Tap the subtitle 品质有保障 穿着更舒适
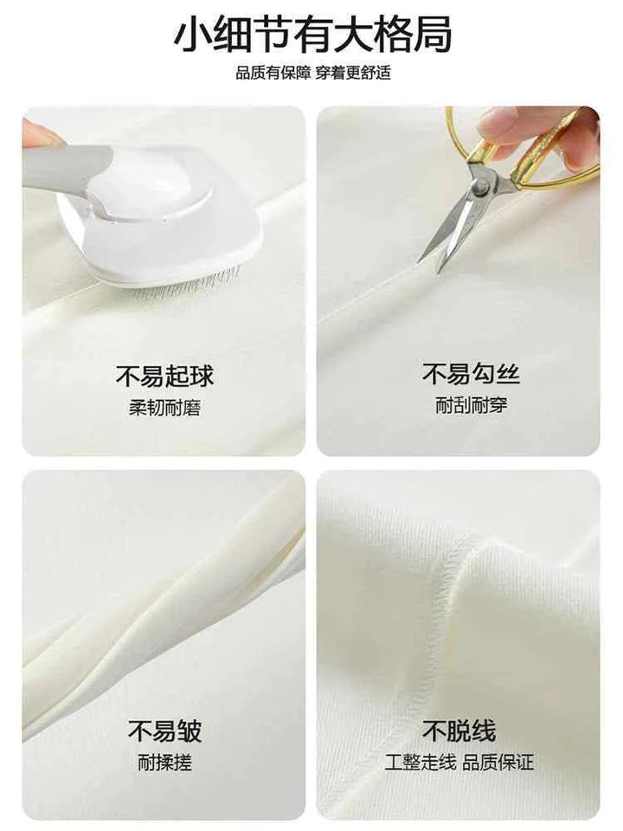point(312,74)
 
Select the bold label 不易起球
point(164,377)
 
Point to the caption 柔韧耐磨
point(164,408)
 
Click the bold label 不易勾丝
point(459,376)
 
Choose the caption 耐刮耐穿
point(459,406)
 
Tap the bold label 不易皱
point(164,731)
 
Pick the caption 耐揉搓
point(164,763)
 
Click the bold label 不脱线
point(459,731)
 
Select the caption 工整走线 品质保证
point(459,763)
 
